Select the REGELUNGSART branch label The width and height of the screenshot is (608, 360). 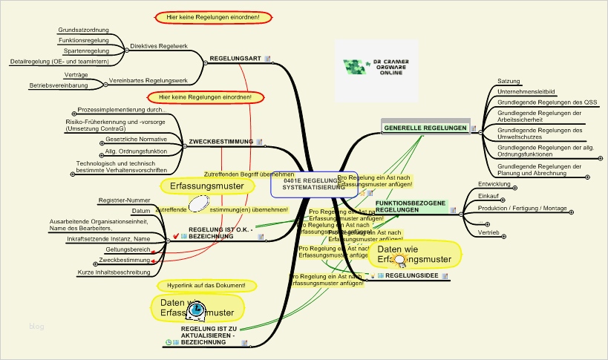point(235,58)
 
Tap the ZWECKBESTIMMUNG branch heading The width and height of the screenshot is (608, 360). point(221,141)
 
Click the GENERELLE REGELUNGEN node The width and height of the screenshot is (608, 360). point(425,128)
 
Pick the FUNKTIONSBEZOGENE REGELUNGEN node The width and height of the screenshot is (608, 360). point(410,206)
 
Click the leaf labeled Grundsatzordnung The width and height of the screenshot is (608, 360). point(83,30)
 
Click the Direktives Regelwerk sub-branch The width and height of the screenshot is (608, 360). point(158,46)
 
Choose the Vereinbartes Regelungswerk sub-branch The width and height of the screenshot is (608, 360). point(148,79)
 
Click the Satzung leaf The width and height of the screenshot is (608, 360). point(509,81)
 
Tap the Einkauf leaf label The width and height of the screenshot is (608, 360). point(488,196)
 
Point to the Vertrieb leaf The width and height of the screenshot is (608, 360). point(488,232)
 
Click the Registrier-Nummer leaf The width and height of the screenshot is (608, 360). point(124,200)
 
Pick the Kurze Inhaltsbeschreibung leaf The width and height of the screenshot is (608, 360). point(108,272)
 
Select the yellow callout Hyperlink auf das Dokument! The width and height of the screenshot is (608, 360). point(206,286)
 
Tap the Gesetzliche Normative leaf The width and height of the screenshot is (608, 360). point(136,139)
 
